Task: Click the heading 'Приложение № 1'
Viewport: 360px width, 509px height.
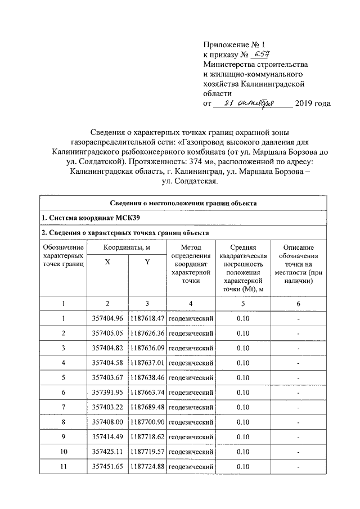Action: [x=232, y=44]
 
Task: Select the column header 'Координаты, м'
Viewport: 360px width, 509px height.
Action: [x=127, y=247]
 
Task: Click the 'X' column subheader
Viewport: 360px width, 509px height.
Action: [x=107, y=268]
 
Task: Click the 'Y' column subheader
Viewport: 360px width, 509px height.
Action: [x=147, y=268]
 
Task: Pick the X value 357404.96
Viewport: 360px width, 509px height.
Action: [x=107, y=319]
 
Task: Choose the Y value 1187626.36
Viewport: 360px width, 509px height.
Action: [x=147, y=334]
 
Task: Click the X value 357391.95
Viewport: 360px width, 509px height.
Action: [x=107, y=392]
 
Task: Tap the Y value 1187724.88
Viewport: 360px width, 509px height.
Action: [x=147, y=466]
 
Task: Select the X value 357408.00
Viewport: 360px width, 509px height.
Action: [x=107, y=421]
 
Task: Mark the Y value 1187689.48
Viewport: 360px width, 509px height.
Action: [x=147, y=407]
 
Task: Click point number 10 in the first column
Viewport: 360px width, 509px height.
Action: [x=64, y=451]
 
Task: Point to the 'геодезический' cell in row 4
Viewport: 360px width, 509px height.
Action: [x=191, y=363]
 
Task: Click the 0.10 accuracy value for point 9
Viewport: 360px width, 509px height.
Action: [x=243, y=436]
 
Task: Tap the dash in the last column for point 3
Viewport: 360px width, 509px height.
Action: [x=299, y=349]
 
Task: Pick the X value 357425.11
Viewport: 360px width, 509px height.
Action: [x=107, y=451]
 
